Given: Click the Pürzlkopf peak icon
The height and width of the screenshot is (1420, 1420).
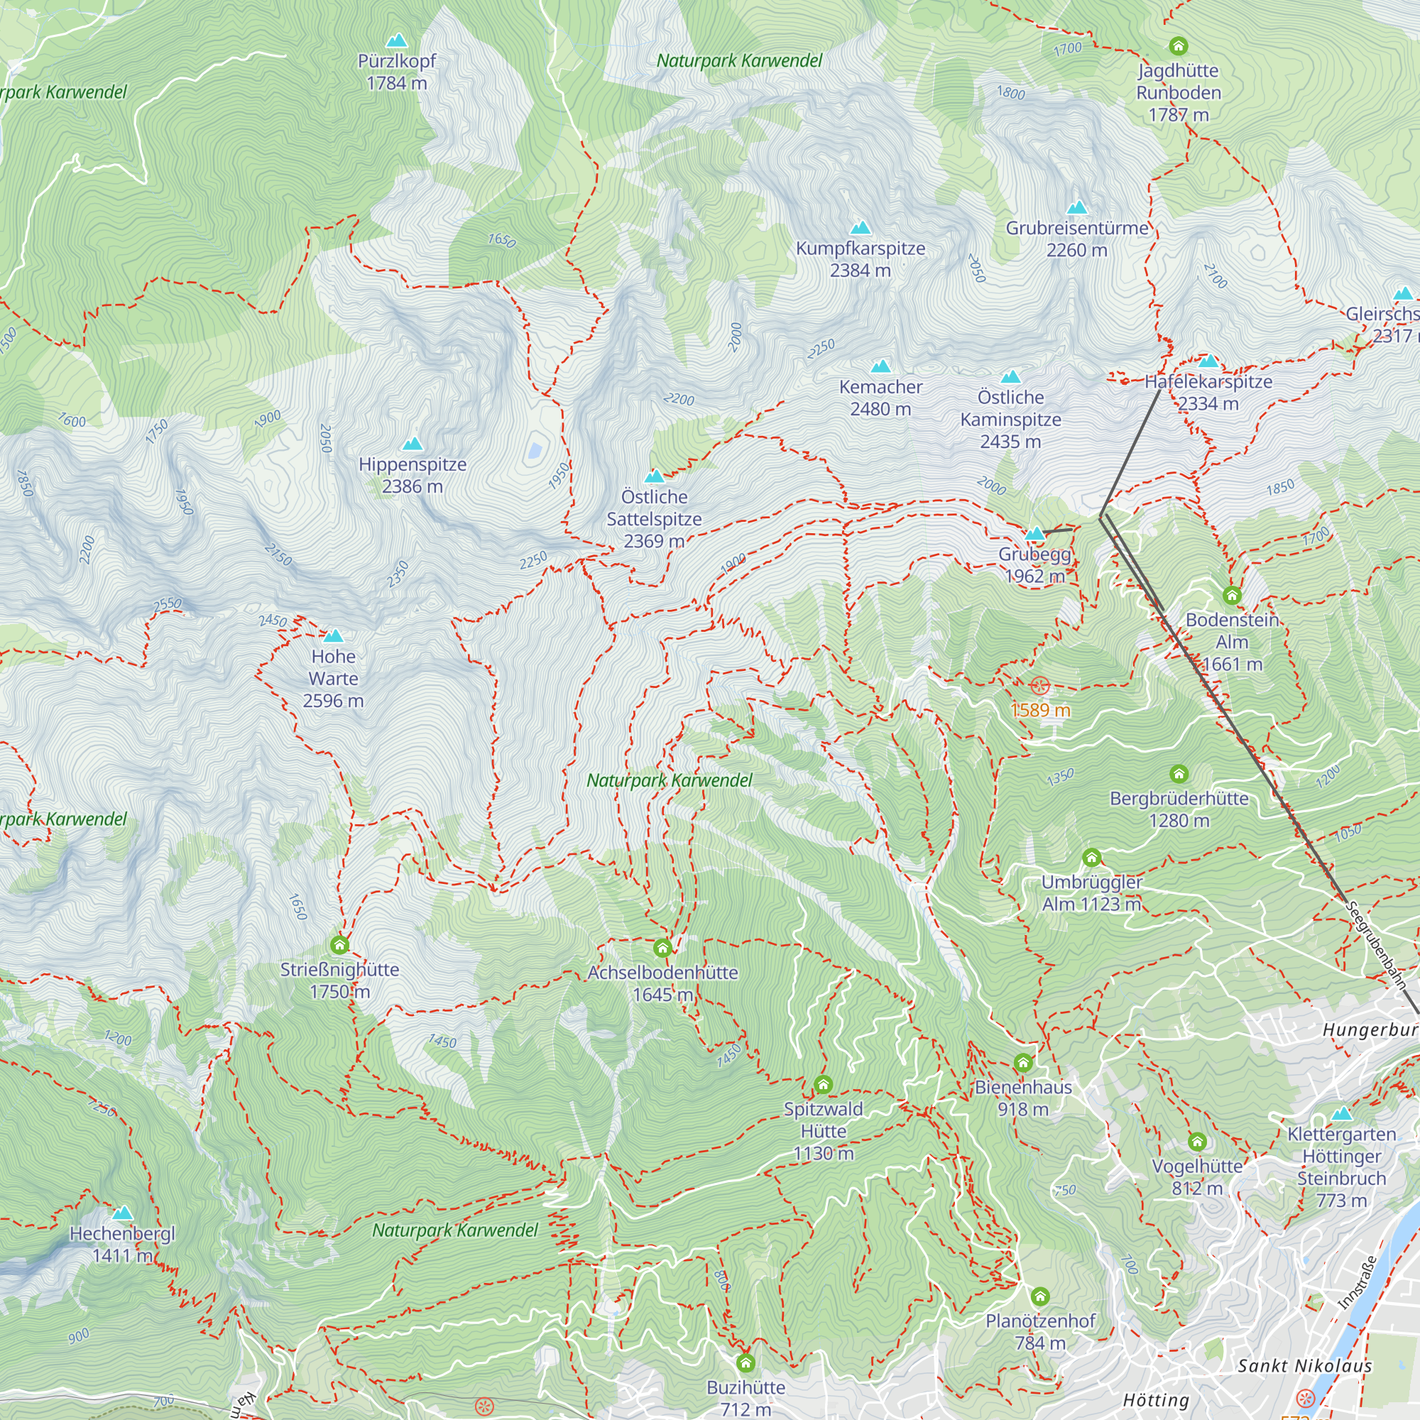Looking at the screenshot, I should click(397, 40).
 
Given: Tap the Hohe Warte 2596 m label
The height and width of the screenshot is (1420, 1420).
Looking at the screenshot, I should click(334, 678).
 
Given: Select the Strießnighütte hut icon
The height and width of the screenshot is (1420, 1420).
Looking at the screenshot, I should click(339, 944).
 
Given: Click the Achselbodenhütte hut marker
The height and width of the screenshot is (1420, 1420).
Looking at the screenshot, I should click(662, 947).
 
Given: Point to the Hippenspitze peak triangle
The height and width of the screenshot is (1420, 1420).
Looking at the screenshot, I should click(413, 444).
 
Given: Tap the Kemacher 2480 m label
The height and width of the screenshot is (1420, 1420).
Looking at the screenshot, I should click(880, 398).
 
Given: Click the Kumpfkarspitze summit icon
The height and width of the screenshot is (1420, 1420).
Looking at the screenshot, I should click(860, 228).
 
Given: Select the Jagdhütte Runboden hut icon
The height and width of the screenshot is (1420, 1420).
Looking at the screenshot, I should click(1178, 46).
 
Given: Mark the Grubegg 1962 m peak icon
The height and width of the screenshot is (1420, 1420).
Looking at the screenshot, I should click(1035, 534).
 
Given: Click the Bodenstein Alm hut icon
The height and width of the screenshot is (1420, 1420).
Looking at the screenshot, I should click(1233, 596).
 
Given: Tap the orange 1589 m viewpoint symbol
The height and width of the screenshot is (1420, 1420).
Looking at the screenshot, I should click(1040, 687).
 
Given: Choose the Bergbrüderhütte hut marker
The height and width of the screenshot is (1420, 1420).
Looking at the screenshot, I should click(1179, 774).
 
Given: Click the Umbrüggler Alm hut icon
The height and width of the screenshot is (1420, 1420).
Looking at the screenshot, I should click(1091, 858).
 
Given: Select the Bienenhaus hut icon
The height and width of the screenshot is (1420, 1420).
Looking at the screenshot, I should click(1023, 1063).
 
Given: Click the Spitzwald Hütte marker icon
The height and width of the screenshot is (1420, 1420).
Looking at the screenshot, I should click(823, 1085).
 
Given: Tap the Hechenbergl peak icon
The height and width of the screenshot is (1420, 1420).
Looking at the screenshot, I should click(123, 1213).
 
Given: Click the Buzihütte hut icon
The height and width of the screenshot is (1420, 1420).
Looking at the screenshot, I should click(745, 1363).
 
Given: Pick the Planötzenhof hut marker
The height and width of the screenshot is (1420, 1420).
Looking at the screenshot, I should click(1040, 1296).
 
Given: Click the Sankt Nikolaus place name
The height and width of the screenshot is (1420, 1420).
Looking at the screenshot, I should click(1304, 1365).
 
